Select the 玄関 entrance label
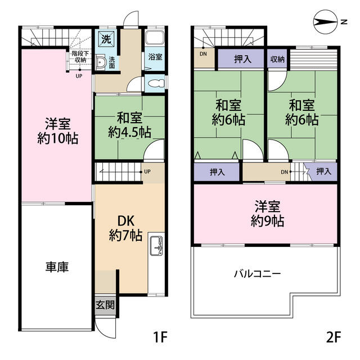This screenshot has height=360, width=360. pyautogui.click(x=105, y=305)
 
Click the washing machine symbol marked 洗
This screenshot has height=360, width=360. pyautogui.click(x=105, y=39)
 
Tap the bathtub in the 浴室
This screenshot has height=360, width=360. pyautogui.click(x=155, y=39)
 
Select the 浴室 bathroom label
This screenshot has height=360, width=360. pyautogui.click(x=155, y=57)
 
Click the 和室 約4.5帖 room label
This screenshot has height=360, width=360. pyautogui.click(x=129, y=125)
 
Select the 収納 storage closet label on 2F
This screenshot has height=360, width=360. pyautogui.click(x=277, y=59)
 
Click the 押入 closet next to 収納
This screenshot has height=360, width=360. pyautogui.click(x=242, y=59)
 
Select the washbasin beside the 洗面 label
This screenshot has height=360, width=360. pyautogui.click(x=102, y=62)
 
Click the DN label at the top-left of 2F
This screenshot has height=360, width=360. pyautogui.click(x=203, y=55)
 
